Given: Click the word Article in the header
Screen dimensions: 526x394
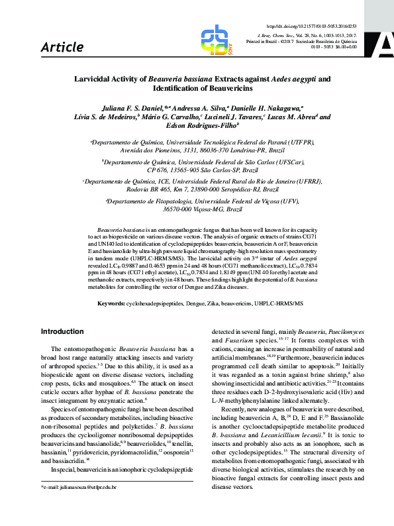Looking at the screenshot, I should pyautogui.click(x=62, y=47).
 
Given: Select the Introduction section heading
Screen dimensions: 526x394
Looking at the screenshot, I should pyautogui.click(x=63, y=331).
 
